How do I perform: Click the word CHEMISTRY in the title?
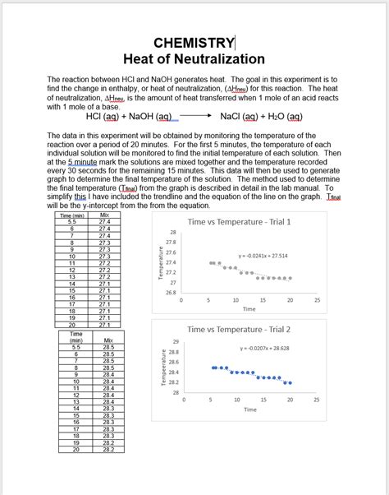(194, 43)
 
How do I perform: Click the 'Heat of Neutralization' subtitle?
(194, 59)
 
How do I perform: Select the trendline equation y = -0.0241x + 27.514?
(263, 256)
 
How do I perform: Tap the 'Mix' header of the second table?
(108, 340)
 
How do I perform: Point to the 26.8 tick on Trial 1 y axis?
(170, 293)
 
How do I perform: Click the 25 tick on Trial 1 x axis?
(317, 300)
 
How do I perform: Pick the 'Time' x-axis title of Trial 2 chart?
(249, 409)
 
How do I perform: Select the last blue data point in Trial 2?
(289, 383)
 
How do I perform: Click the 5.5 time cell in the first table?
(72, 222)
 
